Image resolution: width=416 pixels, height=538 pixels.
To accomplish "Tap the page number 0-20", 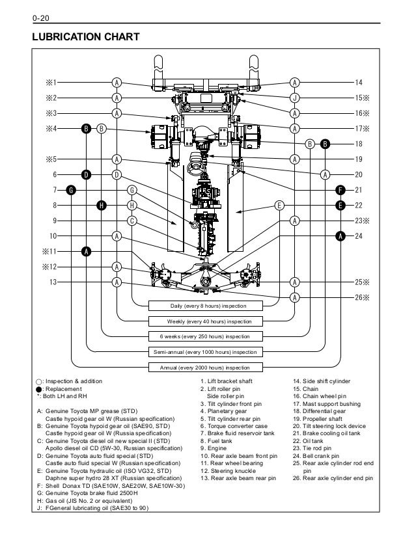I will (32, 8).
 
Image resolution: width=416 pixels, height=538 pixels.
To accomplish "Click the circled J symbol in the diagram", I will (295, 98).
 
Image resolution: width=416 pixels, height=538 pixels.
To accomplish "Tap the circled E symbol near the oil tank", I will (279, 205).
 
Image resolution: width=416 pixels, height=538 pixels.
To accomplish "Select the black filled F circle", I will (340, 189).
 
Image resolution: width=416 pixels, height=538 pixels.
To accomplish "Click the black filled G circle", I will (71, 190).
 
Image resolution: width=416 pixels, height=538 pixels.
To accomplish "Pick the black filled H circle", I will (102, 205).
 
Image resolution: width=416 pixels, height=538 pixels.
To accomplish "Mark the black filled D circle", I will (86, 174).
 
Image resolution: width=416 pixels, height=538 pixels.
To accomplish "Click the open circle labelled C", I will (132, 221).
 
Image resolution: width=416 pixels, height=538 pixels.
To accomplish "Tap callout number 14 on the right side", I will (358, 83).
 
